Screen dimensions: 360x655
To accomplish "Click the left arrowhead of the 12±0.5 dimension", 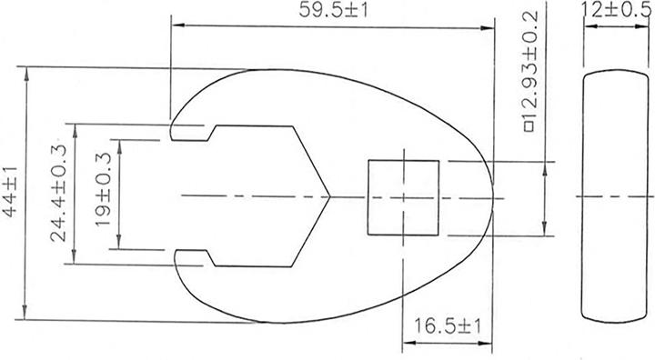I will [x=585, y=26].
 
